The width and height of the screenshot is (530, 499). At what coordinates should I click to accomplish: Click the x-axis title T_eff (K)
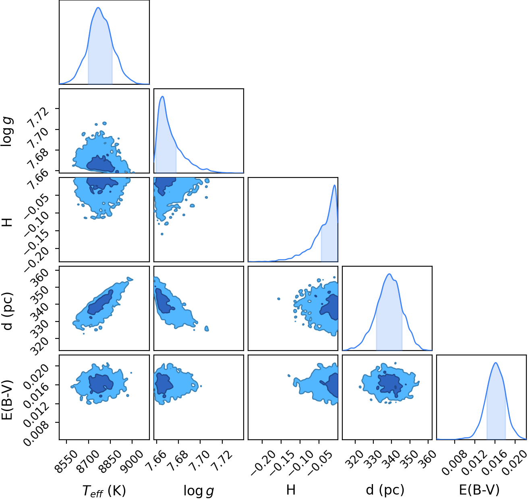[104, 491]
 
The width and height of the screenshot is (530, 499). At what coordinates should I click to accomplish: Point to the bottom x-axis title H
[291, 490]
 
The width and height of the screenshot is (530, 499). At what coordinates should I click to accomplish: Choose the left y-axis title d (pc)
[8, 311]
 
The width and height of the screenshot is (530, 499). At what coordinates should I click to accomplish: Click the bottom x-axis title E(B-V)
[479, 490]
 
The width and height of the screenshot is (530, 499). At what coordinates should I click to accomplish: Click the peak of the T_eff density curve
[98, 8]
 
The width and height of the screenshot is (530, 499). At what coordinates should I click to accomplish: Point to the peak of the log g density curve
[163, 96]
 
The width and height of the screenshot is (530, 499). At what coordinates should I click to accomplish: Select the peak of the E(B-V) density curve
[496, 363]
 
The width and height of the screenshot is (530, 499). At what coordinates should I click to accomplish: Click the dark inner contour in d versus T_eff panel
[100, 303]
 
